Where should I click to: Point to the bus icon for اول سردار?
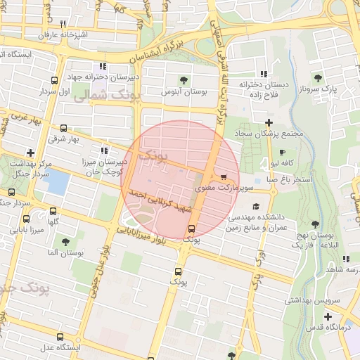point(55,80)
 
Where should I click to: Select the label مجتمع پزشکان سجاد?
point(269,133)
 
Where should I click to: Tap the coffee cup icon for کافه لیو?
point(282,153)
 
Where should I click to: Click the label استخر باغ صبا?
point(288,179)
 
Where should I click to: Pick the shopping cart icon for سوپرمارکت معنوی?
point(224,177)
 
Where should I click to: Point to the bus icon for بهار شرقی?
point(64,128)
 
